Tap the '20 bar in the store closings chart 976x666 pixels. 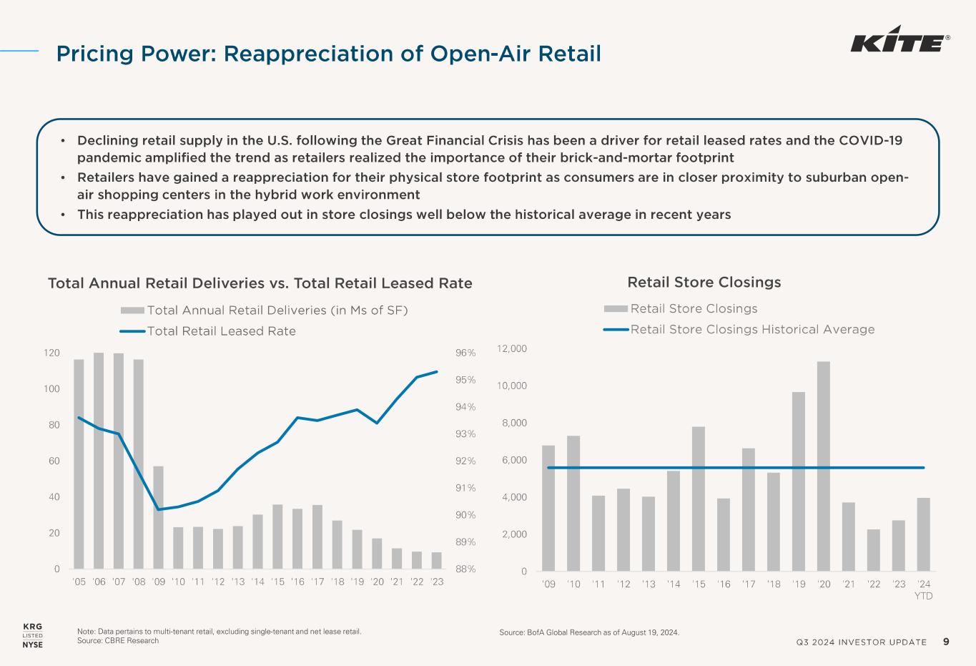click(824, 466)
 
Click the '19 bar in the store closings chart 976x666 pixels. click(799, 481)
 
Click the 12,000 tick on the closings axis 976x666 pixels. click(512, 348)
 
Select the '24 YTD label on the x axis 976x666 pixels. click(924, 589)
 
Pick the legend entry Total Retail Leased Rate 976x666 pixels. click(221, 331)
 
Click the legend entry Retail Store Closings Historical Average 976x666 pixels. click(752, 330)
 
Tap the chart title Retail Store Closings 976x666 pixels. click(704, 283)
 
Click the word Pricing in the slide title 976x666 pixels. click(94, 54)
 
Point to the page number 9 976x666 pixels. click(946, 642)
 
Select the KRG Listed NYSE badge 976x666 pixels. click(33, 635)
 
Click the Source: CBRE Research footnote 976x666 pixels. click(118, 641)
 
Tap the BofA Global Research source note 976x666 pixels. click(588, 633)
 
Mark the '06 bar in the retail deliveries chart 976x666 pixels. click(99, 461)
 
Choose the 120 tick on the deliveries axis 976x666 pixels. click(51, 353)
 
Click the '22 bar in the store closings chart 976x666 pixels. click(874, 550)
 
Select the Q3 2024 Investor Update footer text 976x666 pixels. click(861, 642)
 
